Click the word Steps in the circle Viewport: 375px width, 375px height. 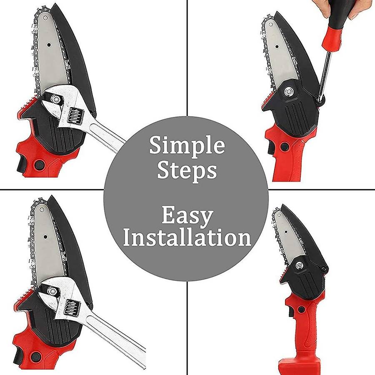[187, 170]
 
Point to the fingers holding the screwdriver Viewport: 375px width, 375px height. [340, 8]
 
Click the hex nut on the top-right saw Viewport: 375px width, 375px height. [287, 91]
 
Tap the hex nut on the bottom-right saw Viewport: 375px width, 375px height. [299, 265]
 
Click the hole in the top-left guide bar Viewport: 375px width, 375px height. [49, 45]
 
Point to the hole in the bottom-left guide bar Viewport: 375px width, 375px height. [45, 237]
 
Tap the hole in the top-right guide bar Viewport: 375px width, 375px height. [277, 46]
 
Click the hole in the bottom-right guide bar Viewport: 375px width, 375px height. [286, 232]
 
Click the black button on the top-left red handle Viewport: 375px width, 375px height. [39, 164]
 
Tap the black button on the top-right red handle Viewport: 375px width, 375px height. [284, 147]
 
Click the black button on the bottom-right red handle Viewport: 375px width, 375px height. [301, 310]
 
